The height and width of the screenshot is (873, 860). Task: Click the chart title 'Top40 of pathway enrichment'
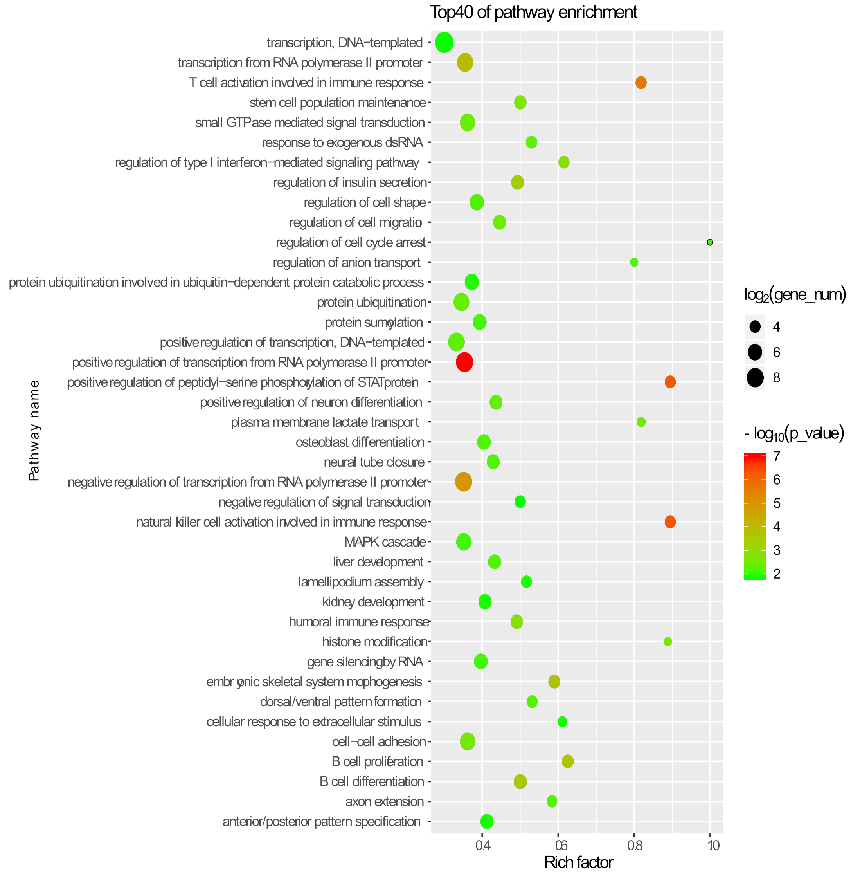pyautogui.click(x=533, y=12)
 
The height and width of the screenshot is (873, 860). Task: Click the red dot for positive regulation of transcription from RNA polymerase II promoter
pyautogui.click(x=464, y=363)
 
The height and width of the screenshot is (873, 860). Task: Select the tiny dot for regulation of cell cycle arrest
pyautogui.click(x=710, y=242)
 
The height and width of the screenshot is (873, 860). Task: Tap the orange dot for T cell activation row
pyautogui.click(x=641, y=83)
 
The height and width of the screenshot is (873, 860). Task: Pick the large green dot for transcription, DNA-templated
pyautogui.click(x=444, y=42)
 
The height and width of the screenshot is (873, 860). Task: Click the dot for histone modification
pyautogui.click(x=667, y=642)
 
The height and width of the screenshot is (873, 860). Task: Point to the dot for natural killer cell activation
pyautogui.click(x=670, y=522)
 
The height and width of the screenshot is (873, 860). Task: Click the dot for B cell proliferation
pyautogui.click(x=568, y=761)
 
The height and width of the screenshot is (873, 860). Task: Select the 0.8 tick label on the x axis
pyautogui.click(x=634, y=845)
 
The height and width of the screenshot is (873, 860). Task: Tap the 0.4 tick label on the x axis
pyautogui.click(x=482, y=845)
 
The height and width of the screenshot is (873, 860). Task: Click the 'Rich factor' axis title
pyautogui.click(x=578, y=862)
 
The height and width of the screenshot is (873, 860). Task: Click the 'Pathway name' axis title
pyautogui.click(x=34, y=430)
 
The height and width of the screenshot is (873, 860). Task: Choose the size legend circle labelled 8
pyautogui.click(x=755, y=377)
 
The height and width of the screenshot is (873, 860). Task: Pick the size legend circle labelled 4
pyautogui.click(x=755, y=327)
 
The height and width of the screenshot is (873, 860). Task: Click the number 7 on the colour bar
pyautogui.click(x=776, y=456)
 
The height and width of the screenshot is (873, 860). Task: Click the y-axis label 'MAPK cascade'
pyautogui.click(x=385, y=542)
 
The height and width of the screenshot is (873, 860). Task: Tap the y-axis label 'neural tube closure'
pyautogui.click(x=374, y=462)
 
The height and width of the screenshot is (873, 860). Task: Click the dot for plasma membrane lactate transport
pyautogui.click(x=641, y=422)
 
